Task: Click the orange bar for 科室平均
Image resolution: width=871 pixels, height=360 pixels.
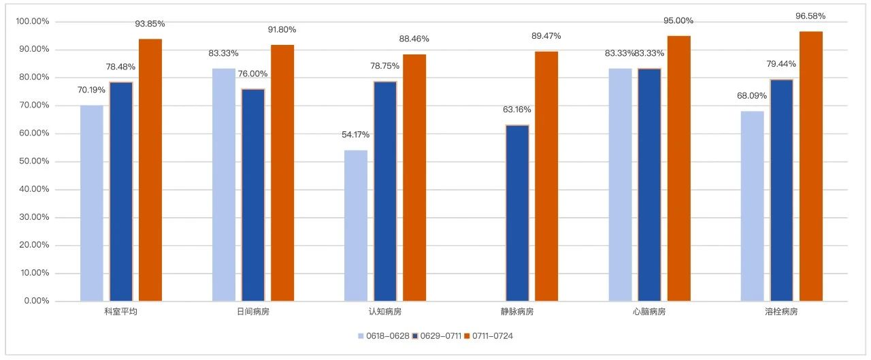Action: [150, 170]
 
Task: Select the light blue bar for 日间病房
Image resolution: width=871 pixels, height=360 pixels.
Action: [224, 184]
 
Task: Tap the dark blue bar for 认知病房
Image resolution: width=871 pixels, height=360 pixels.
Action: [385, 191]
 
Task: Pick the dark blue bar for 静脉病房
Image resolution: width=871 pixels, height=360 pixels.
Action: [517, 213]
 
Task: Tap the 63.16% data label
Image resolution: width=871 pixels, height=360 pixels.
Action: [517, 110]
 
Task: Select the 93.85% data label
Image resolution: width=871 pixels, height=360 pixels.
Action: [150, 24]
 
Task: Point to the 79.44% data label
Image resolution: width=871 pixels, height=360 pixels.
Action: [781, 64]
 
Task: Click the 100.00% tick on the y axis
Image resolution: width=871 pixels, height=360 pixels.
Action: [33, 22]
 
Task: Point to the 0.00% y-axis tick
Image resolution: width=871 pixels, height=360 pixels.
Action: [35, 301]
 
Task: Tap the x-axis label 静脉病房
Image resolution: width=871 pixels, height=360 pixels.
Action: [517, 312]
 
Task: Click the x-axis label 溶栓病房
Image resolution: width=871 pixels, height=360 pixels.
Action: [781, 312]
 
